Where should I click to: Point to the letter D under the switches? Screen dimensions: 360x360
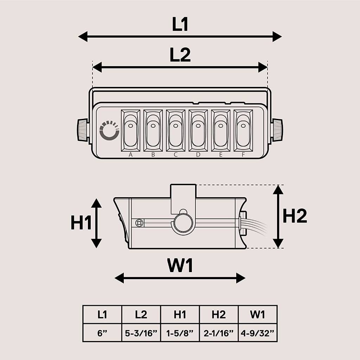point(198,155)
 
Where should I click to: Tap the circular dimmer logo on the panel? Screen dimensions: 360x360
point(109,130)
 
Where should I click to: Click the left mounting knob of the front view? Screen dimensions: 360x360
point(82,130)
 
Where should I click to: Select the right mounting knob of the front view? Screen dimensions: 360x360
point(277,130)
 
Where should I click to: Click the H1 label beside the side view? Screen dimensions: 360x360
point(81,223)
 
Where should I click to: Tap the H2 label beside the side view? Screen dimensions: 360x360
point(295,216)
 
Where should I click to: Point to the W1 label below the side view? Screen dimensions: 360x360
point(180,266)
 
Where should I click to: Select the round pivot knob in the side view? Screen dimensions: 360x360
point(183,223)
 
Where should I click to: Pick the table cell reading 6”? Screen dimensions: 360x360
point(102,333)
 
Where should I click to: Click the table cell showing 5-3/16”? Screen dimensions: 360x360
point(141,333)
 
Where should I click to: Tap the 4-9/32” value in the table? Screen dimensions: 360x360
point(258,333)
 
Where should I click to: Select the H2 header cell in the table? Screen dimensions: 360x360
point(219,315)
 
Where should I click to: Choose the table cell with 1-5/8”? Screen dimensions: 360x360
point(180,333)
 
